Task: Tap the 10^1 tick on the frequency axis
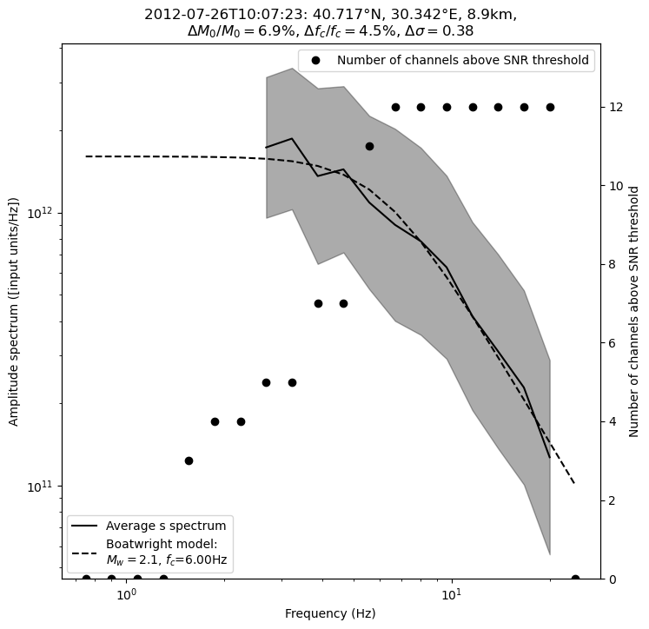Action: pos(450,594)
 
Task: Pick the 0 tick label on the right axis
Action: pos(610,579)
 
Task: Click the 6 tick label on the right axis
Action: pos(610,343)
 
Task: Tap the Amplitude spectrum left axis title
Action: pos(14,311)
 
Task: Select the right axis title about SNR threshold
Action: pos(634,311)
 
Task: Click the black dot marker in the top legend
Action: pos(315,61)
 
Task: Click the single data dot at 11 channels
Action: pos(369,146)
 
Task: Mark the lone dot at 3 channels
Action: pos(189,460)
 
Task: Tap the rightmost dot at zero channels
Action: pos(575,579)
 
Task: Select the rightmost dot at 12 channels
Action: pos(550,107)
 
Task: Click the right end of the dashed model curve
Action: pos(574,483)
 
